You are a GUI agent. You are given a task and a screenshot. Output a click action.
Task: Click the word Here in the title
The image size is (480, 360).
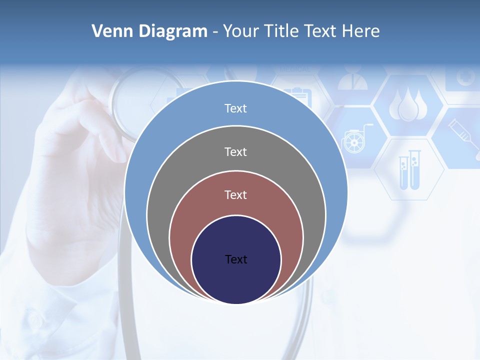[360, 31]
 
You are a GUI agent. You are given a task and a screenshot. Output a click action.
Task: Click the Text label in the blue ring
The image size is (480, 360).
[235, 108]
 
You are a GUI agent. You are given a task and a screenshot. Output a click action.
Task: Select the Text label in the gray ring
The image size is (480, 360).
[235, 151]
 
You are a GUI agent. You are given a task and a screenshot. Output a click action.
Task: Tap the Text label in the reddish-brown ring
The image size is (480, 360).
[235, 194]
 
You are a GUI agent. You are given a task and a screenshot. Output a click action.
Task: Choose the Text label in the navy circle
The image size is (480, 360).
[236, 259]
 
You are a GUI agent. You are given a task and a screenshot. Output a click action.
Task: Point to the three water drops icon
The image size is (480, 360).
[408, 104]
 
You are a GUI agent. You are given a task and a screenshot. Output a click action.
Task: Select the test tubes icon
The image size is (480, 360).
[409, 169]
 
